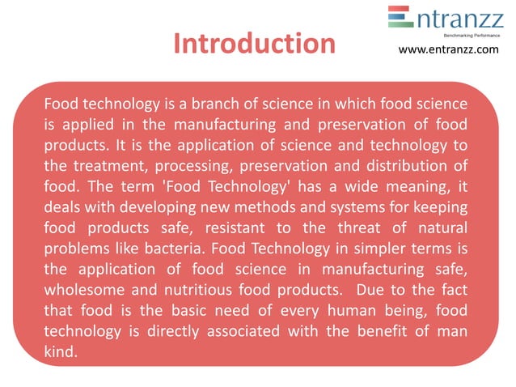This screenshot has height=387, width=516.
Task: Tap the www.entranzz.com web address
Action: coord(450,50)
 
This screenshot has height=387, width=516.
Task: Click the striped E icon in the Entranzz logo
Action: coord(400,18)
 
